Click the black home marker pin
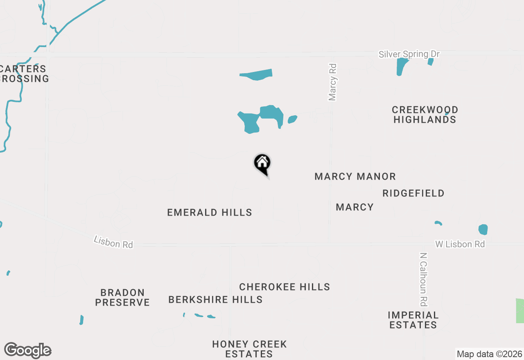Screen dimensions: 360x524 pos(262,164)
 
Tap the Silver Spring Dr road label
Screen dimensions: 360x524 pos(409,54)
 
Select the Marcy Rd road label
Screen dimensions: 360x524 pos(332,82)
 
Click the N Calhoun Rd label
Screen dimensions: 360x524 pos(423,279)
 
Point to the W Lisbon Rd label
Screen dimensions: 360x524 pos(460,244)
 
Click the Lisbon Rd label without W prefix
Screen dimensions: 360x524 pos(113,242)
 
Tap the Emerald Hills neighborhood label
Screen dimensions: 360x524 pos(210,212)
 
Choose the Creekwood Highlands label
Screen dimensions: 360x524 pos(425,115)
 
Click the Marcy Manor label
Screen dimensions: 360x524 pos(355,176)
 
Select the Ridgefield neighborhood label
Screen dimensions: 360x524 pos(413,193)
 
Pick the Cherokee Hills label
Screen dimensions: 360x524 pos(285,287)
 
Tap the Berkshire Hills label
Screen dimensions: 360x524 pos(215,299)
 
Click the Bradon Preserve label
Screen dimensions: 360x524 pos(122,297)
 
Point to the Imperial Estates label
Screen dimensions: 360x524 pos(413,320)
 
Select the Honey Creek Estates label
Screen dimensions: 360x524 pos(249,349)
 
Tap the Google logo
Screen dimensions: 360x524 pos(27,350)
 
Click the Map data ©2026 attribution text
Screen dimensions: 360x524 pos(489,354)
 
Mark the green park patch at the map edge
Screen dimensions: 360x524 pos(520,311)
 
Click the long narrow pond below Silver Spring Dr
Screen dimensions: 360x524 pos(257,74)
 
